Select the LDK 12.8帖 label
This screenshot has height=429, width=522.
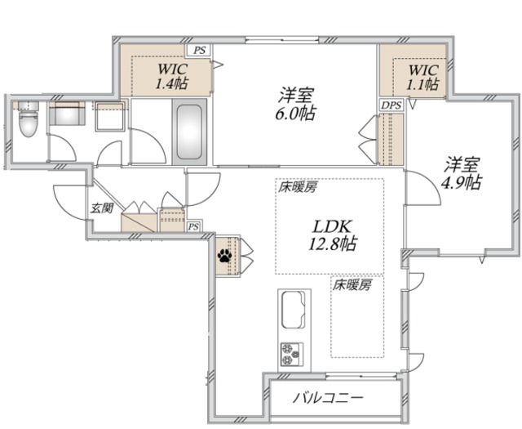[330, 234]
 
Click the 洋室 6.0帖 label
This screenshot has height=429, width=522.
[294, 103]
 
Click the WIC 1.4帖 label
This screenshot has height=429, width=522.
[173, 76]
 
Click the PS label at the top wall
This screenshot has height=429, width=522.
[201, 49]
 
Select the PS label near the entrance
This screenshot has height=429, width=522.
[194, 226]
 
